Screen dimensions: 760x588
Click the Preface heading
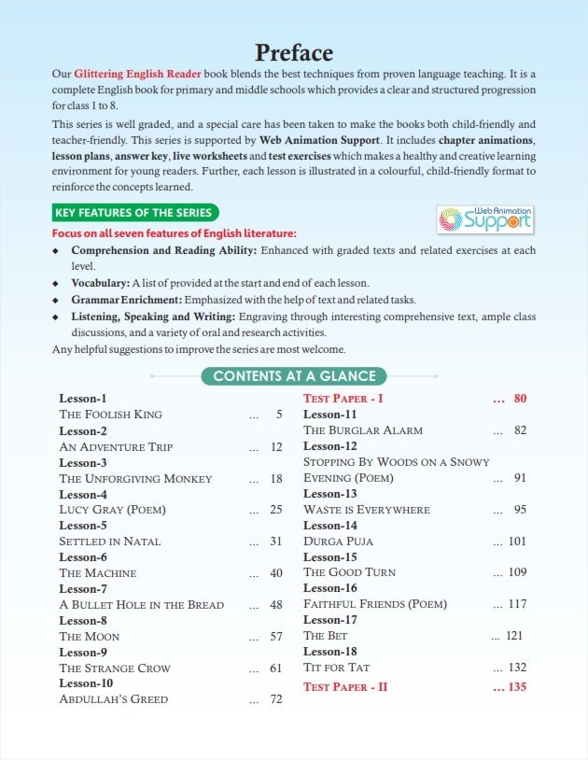click(x=294, y=52)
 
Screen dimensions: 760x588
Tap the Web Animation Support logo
click(x=486, y=220)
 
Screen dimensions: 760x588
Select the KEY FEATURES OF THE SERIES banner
click(x=135, y=213)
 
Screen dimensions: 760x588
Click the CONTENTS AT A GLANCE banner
click(x=294, y=376)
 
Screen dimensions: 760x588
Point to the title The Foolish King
click(x=110, y=415)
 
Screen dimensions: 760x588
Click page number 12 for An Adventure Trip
click(x=275, y=447)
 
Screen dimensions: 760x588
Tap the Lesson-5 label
click(x=83, y=526)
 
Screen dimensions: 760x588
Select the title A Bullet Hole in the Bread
click(x=141, y=605)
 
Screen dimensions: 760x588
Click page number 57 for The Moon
click(x=275, y=637)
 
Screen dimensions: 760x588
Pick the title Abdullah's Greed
click(x=114, y=699)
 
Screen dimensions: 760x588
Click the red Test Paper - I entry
click(x=343, y=399)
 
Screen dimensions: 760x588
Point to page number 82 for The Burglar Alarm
click(x=520, y=430)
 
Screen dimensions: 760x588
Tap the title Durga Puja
click(x=338, y=542)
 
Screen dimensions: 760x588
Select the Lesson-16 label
click(x=330, y=588)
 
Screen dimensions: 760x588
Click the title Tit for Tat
click(x=337, y=668)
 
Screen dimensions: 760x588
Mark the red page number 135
click(x=515, y=687)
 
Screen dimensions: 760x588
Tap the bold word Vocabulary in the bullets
click(x=100, y=282)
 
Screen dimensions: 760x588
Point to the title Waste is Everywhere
click(x=367, y=510)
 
